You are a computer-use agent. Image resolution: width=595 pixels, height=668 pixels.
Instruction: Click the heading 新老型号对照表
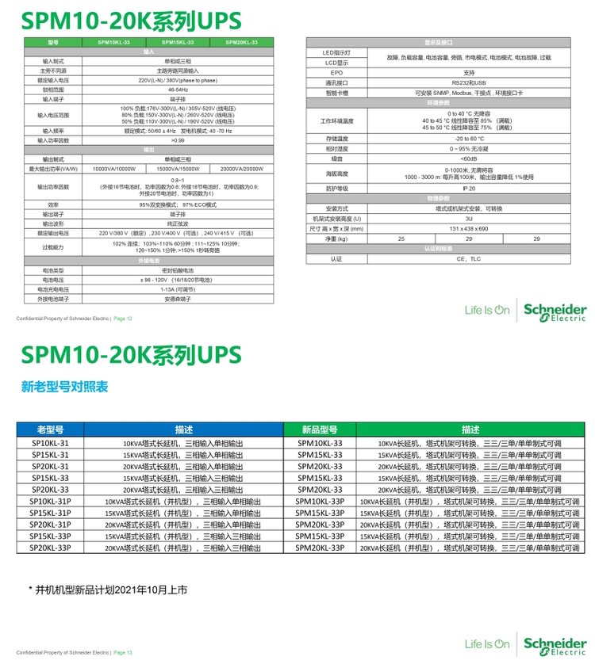[x=64, y=387]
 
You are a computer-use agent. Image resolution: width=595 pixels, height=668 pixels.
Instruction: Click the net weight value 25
[x=401, y=239]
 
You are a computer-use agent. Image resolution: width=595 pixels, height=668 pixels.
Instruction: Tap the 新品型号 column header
[x=320, y=429]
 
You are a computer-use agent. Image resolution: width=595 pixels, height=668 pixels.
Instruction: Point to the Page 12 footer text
[x=123, y=319]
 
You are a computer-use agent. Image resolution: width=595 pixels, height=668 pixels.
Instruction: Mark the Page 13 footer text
[x=123, y=653]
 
